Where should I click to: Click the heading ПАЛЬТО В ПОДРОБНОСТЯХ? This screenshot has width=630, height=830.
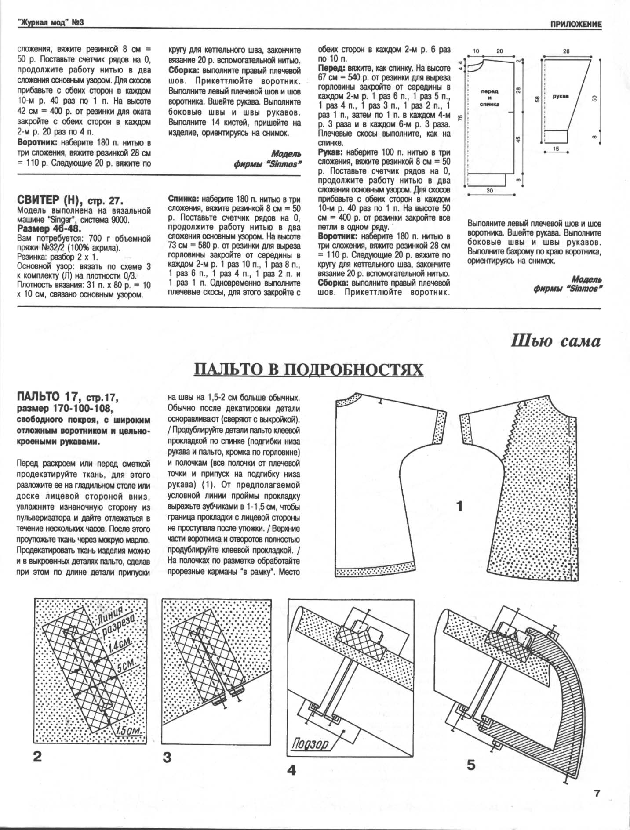309,370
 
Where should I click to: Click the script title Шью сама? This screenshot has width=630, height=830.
556,341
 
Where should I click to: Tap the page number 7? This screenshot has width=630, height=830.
597,794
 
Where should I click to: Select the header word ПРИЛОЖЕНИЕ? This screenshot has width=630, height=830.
575,25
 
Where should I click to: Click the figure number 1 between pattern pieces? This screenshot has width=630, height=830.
459,507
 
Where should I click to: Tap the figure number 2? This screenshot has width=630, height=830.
37,757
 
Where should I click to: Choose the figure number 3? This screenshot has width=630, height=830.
167,758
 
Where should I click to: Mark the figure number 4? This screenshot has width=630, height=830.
291,770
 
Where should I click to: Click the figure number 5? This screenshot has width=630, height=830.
471,765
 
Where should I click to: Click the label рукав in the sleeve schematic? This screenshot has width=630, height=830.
561,96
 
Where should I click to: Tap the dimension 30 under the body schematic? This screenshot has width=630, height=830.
490,191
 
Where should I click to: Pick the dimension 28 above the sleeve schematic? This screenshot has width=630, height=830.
566,51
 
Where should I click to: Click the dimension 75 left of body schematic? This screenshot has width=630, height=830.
459,118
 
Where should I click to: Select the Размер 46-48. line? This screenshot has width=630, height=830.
49,229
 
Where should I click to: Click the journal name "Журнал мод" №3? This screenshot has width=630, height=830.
51,22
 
